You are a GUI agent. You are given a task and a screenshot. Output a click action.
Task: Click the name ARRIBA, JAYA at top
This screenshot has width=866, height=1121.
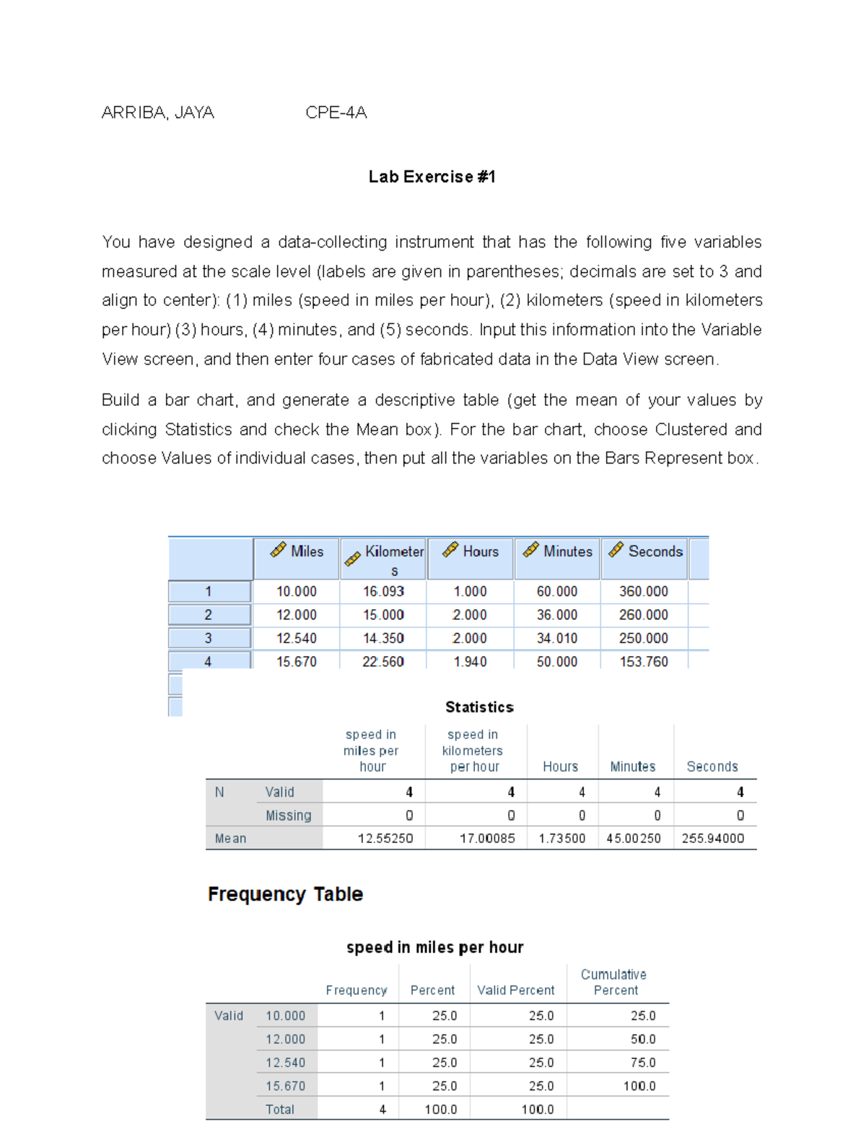(157, 113)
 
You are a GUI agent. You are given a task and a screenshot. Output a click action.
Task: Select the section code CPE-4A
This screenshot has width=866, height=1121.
(336, 113)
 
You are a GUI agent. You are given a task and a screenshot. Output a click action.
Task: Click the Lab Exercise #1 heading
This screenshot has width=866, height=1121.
(432, 177)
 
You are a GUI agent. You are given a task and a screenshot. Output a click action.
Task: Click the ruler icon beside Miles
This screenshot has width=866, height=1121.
(278, 550)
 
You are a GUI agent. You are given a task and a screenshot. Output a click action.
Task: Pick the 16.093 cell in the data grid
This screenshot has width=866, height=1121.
(383, 591)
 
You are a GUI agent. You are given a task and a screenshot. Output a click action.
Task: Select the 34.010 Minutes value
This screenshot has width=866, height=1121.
(556, 638)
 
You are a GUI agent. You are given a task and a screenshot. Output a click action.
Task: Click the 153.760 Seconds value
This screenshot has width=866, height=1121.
(644, 661)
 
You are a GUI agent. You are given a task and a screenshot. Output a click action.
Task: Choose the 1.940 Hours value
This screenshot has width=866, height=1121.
(470, 661)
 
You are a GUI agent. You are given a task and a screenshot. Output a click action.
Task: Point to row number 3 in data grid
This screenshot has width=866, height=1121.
(208, 638)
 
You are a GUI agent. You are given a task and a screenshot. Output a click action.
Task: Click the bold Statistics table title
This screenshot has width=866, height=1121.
(479, 707)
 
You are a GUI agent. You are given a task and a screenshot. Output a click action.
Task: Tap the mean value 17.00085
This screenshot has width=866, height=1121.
(487, 838)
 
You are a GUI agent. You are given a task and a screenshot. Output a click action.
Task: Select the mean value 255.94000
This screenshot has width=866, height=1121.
(712, 838)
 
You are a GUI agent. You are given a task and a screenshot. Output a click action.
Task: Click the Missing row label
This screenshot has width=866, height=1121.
(288, 815)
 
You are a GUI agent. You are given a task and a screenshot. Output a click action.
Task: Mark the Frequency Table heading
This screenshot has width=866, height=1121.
(285, 894)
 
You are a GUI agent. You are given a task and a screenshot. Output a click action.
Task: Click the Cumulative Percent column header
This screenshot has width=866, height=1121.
(614, 982)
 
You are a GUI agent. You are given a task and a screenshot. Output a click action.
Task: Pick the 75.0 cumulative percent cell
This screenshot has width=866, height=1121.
(642, 1063)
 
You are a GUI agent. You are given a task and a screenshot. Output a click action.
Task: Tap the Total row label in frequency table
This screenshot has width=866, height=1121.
(279, 1109)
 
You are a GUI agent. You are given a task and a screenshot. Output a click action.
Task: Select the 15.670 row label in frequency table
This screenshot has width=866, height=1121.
(285, 1086)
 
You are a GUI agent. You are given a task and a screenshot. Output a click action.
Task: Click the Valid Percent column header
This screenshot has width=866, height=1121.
(515, 990)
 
